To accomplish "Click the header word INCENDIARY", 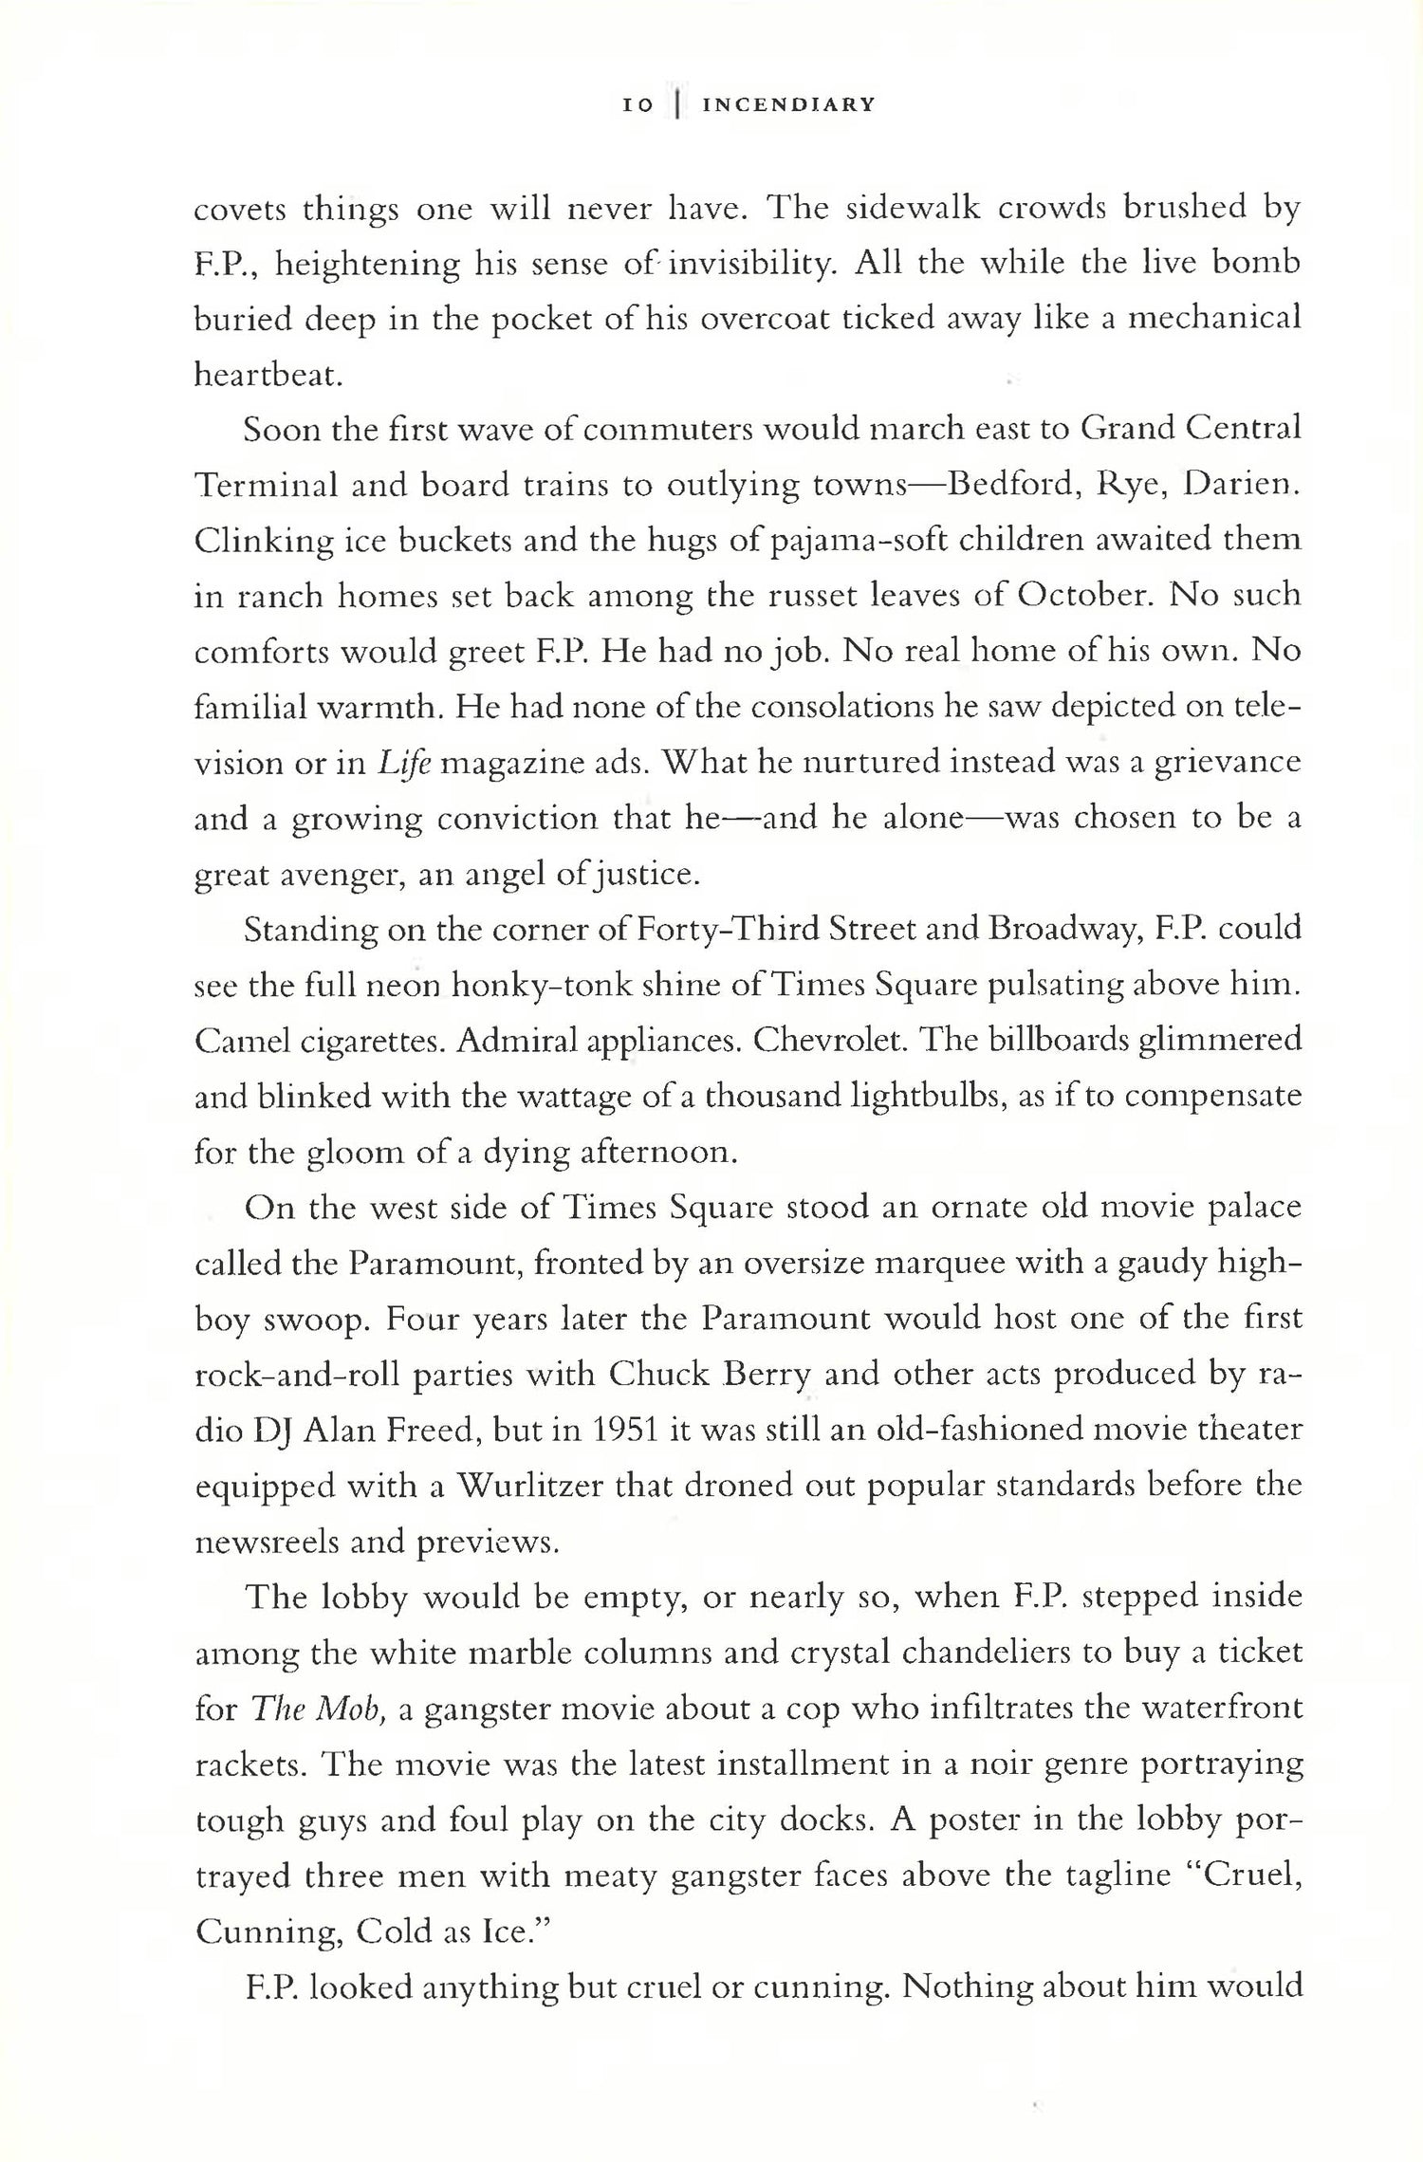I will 787,105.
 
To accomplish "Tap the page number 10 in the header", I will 638,106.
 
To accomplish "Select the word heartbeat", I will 268,376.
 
